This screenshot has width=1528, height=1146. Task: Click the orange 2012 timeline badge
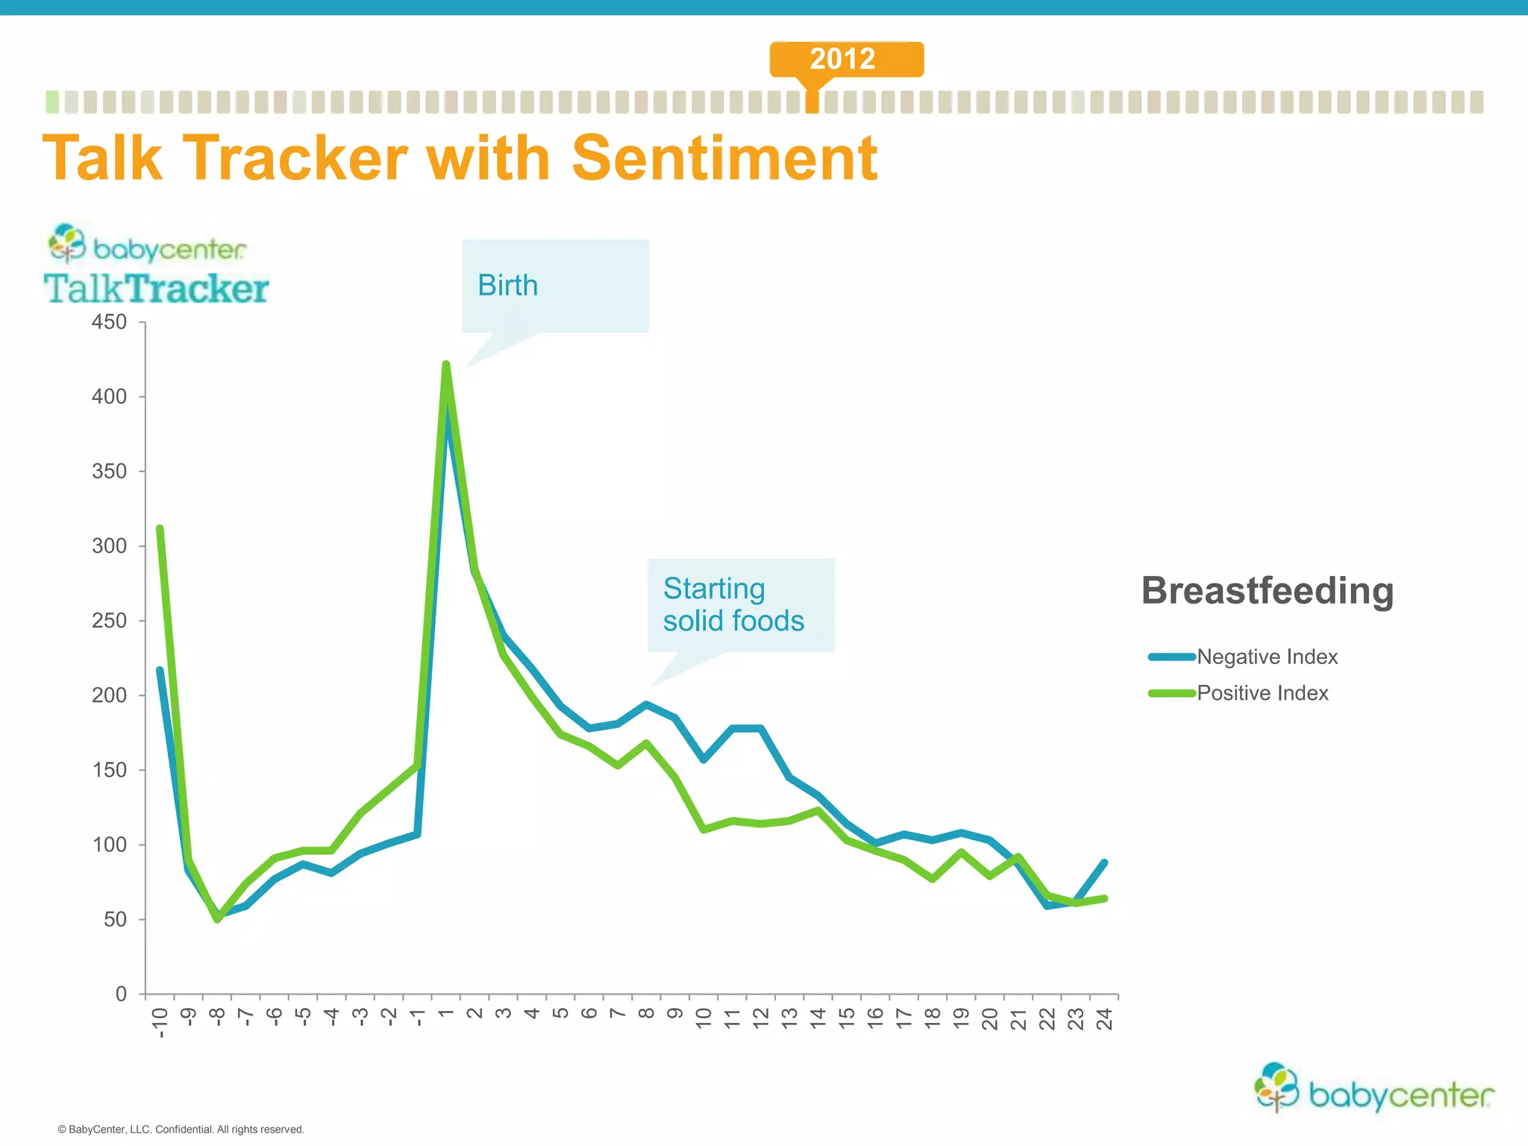(846, 59)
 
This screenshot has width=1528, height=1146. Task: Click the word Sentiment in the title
(724, 158)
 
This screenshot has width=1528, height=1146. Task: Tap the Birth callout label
(507, 285)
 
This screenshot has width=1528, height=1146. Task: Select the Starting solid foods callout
(733, 605)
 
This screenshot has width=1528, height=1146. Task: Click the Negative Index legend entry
(1266, 657)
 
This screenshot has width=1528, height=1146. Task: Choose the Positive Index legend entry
(1262, 693)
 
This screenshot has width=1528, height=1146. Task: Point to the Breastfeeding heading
(1267, 590)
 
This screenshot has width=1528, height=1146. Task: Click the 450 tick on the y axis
(109, 322)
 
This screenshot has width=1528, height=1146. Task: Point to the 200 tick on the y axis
(109, 695)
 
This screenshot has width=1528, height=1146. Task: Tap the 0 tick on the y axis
(120, 994)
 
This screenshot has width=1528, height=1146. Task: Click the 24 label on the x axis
(1104, 1019)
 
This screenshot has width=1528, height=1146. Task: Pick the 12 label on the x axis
(760, 1019)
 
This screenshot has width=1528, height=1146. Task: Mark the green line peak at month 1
(446, 364)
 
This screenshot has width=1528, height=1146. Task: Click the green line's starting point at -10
(160, 528)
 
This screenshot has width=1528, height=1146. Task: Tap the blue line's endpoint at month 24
(1104, 862)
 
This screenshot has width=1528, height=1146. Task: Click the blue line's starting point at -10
(160, 670)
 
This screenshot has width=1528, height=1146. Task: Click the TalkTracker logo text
(156, 289)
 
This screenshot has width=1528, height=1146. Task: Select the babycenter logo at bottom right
(1374, 1090)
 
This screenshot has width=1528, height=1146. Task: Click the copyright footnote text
(181, 1129)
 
